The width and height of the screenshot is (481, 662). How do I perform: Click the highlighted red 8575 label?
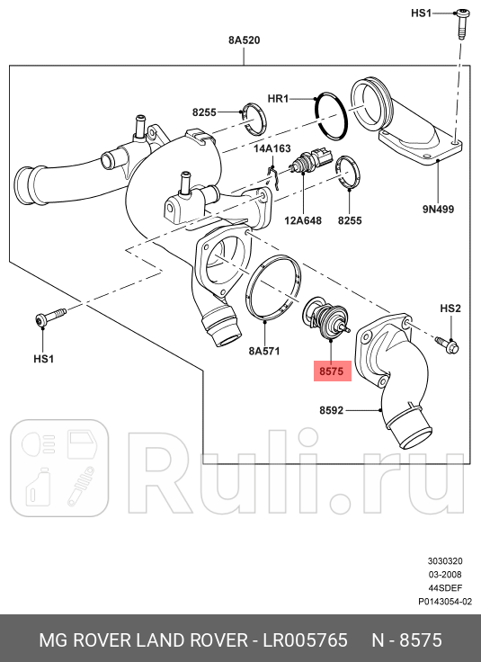(330, 369)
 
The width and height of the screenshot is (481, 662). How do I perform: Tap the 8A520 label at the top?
(244, 40)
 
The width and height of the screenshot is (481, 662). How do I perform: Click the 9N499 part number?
(440, 209)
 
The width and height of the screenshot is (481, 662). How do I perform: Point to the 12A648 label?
(303, 219)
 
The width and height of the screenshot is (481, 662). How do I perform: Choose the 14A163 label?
(272, 148)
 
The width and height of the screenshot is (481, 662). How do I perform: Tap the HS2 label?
(450, 309)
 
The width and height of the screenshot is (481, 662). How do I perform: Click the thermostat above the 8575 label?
(325, 319)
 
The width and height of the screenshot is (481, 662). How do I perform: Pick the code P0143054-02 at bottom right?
(444, 602)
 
